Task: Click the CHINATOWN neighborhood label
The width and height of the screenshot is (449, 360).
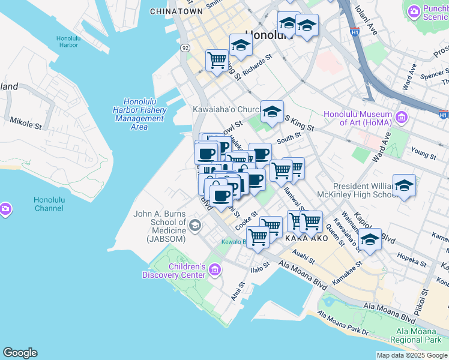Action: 176,11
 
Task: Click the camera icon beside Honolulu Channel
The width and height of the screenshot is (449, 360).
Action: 5,209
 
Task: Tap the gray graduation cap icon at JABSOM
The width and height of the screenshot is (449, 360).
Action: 194,226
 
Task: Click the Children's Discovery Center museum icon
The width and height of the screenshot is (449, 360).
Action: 215,271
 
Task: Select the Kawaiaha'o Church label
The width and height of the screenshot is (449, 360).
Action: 225,110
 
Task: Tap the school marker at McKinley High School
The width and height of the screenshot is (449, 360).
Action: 404,186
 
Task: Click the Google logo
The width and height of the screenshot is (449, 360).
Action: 20,353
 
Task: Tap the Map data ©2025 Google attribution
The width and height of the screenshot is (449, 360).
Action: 412,355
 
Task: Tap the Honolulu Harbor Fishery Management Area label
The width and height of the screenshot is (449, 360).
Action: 139,114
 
